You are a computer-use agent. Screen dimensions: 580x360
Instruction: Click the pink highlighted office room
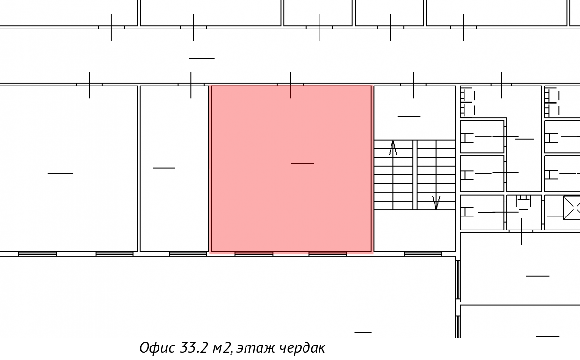click(291, 169)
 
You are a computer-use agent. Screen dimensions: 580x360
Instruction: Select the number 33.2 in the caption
click(194, 347)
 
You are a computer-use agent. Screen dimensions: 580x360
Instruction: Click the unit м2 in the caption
click(221, 348)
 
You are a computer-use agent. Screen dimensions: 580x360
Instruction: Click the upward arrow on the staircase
click(393, 148)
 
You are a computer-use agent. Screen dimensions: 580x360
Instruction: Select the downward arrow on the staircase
click(436, 202)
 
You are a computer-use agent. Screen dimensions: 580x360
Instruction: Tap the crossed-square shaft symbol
click(572, 208)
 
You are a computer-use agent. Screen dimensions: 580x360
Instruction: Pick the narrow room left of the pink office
click(174, 169)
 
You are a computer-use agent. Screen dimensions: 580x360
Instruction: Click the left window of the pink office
click(254, 254)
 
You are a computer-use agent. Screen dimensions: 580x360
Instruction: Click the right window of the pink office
click(328, 254)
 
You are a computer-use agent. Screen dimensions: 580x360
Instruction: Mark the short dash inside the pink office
click(303, 163)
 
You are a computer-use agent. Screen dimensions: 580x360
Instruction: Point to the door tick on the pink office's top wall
click(290, 85)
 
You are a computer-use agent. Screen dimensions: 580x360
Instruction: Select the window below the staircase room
click(423, 254)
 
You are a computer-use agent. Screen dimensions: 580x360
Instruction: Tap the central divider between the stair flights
click(415, 175)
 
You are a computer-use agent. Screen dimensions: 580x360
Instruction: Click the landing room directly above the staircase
click(415, 113)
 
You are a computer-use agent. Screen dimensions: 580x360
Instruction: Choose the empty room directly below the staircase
click(415, 230)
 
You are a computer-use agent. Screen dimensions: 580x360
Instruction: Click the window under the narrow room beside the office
click(188, 254)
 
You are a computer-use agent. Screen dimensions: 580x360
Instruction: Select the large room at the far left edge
click(68, 169)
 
